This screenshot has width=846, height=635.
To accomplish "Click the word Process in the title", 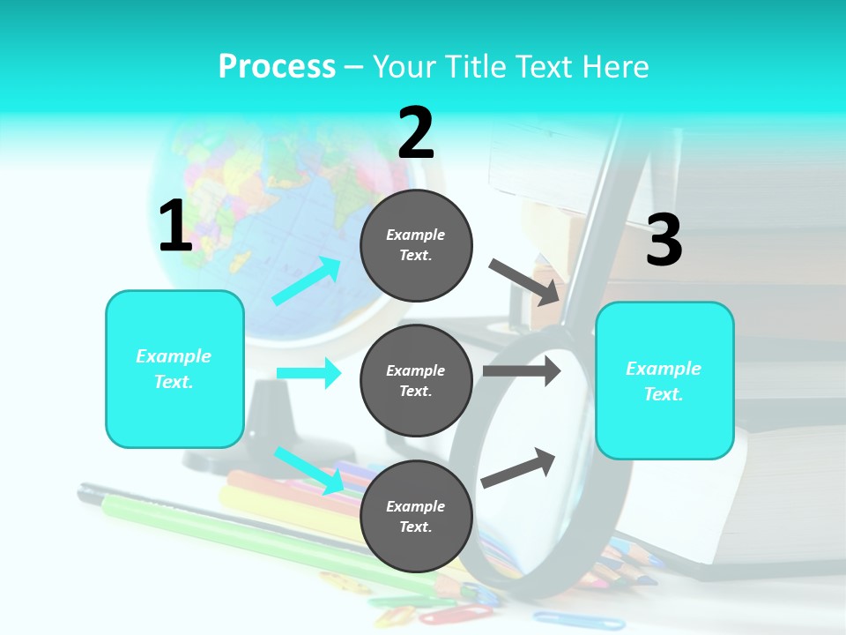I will point(277,67).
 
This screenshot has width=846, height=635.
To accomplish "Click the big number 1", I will point(175,227).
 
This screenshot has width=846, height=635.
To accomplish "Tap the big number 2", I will point(416,133).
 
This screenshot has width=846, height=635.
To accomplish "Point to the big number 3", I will point(664,241).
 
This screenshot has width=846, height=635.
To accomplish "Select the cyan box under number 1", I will point(174,369).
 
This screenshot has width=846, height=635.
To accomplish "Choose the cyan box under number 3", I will point(664,380).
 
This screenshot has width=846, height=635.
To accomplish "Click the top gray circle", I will point(416,245).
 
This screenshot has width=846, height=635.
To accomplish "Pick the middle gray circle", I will point(416,380).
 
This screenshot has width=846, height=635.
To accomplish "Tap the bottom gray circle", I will point(416,516).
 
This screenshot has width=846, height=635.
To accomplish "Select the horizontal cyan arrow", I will point(308,373).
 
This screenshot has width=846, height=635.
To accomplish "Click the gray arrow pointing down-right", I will point(524,281).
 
